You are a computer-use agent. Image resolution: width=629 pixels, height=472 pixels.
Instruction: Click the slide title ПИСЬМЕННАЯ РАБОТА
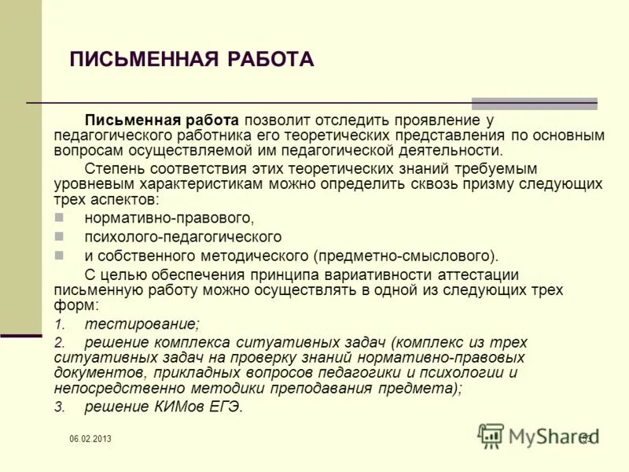[x=192, y=60]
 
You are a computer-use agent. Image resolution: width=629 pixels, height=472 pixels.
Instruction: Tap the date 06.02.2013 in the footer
[x=90, y=439]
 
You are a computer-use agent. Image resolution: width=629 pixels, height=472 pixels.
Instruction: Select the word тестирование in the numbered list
[x=142, y=323]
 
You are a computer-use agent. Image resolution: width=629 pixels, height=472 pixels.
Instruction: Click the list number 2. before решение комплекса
[x=59, y=343]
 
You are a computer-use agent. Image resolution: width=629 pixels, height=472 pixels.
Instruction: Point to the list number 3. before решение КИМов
[x=59, y=407]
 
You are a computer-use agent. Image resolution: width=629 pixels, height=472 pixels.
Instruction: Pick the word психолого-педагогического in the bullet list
[x=183, y=237]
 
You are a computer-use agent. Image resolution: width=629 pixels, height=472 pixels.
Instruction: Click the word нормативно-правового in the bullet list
[x=169, y=217]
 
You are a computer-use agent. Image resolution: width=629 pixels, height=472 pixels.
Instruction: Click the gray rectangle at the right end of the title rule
[x=534, y=104]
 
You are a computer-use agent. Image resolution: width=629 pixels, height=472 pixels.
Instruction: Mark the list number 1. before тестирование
[x=59, y=323]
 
